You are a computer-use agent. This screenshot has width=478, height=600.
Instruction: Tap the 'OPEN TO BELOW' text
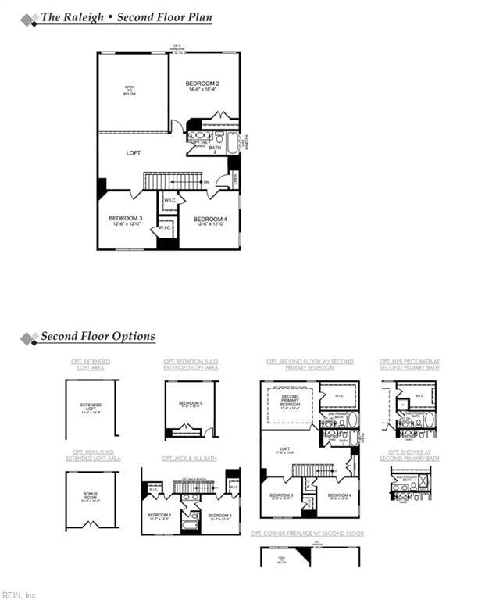(x=130, y=91)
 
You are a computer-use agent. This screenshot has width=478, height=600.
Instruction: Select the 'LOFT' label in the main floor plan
(x=134, y=154)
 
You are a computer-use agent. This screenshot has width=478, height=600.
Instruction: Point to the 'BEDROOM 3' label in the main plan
(x=125, y=219)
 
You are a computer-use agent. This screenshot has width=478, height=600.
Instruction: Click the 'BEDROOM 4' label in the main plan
(x=209, y=220)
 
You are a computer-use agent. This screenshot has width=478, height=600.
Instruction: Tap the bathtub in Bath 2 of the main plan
(x=232, y=146)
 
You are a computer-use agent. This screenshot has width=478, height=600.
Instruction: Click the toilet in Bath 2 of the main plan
(x=219, y=137)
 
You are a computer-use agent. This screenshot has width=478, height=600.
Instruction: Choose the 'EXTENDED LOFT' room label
(x=91, y=408)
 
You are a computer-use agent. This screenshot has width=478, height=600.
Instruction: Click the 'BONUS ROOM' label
(x=91, y=497)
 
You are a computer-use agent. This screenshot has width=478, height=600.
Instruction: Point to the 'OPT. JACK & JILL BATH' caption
(x=189, y=458)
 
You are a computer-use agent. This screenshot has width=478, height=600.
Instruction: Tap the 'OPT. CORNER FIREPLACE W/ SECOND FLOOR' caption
(x=307, y=533)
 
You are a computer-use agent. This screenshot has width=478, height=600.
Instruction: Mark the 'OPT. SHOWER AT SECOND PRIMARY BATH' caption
(x=409, y=455)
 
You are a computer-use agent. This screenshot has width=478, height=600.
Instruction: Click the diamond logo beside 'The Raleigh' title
(x=29, y=20)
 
